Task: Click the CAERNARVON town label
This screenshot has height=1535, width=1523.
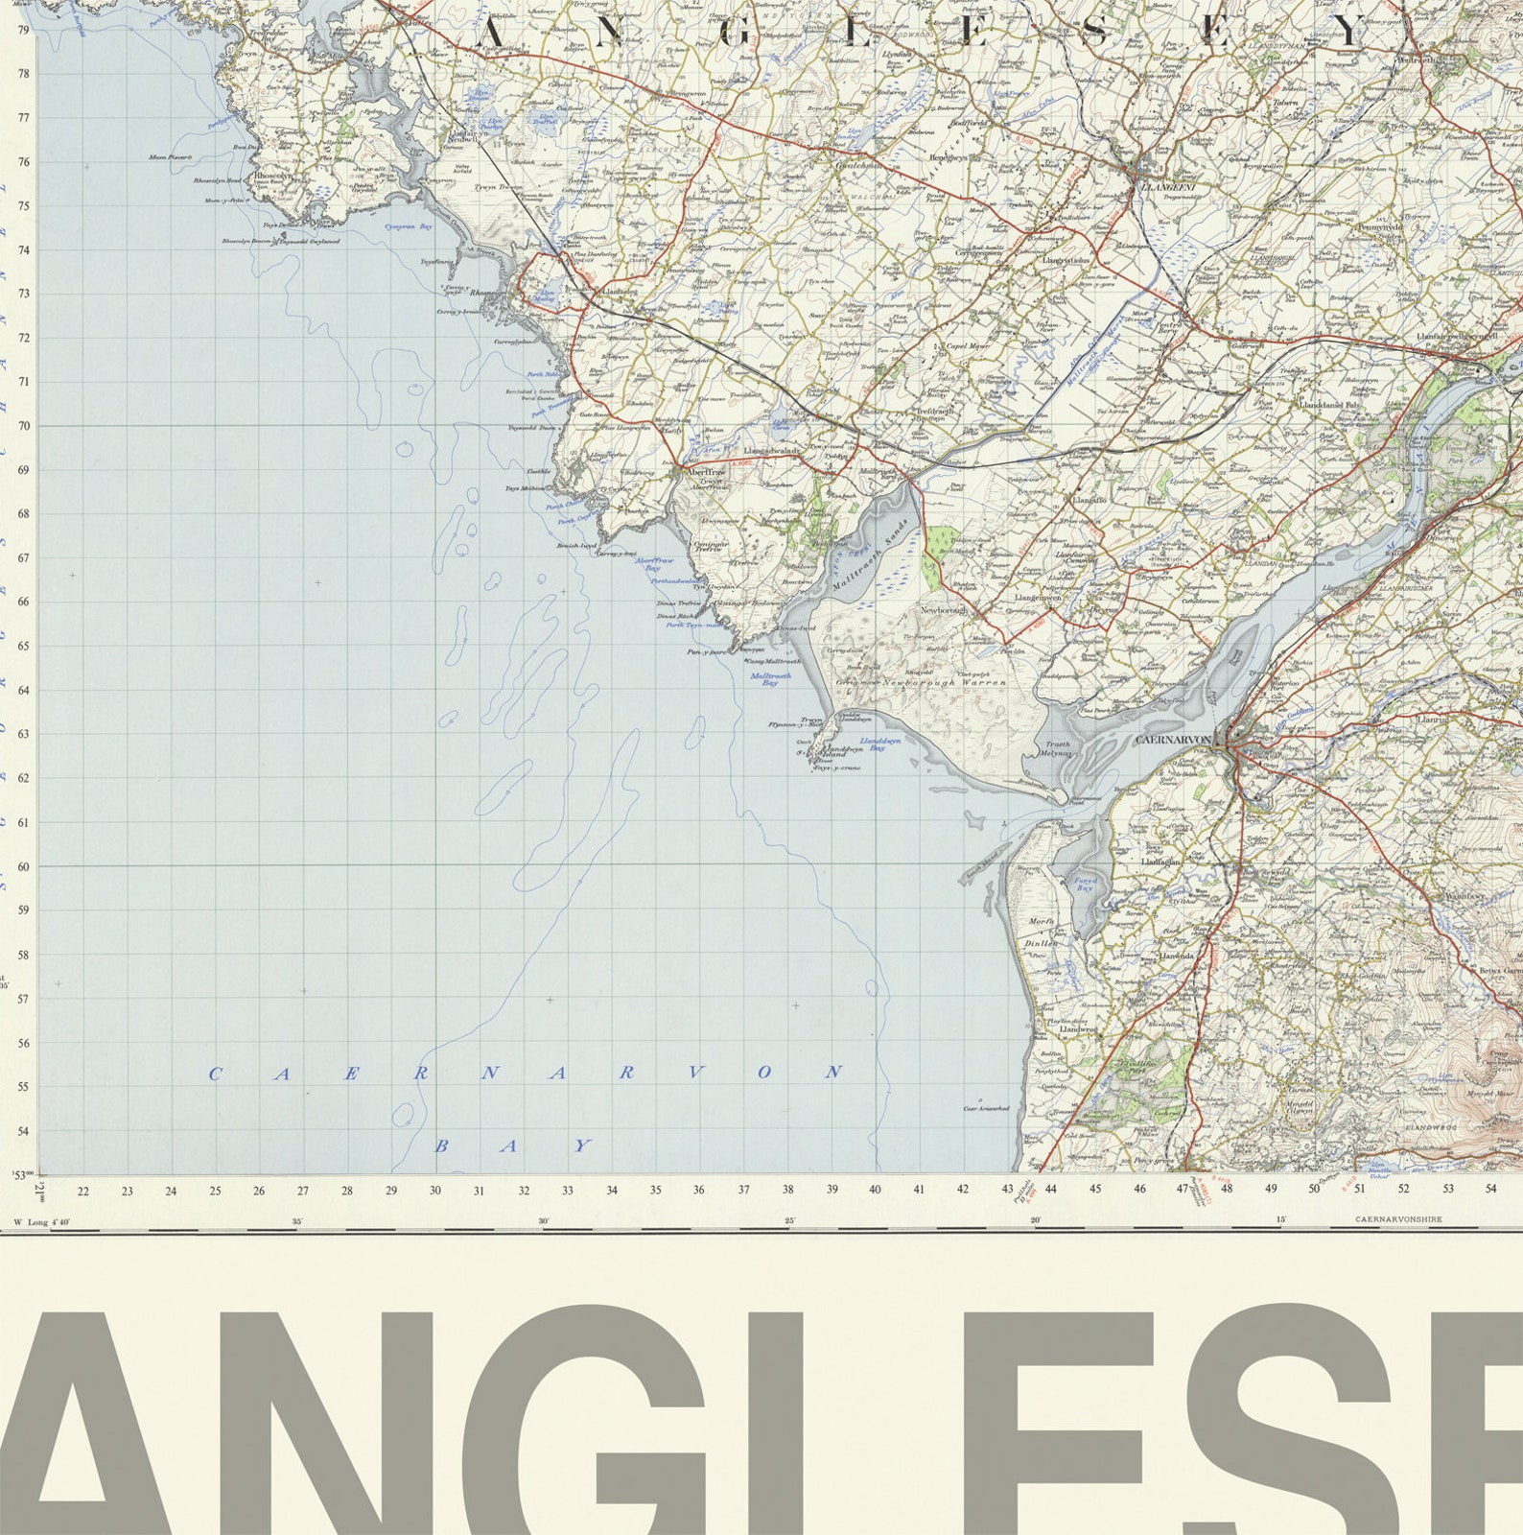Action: [x=1172, y=740]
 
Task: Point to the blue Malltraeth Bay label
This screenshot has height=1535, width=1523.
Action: [x=770, y=679]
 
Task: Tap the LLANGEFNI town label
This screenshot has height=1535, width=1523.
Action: [x=1165, y=188]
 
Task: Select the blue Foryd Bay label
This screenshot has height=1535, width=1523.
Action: [x=1084, y=883]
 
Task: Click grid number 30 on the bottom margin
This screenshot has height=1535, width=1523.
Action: [x=435, y=1191]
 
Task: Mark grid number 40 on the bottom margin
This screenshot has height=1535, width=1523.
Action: [x=875, y=1190]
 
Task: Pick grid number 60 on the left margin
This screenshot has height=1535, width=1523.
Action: [x=23, y=866]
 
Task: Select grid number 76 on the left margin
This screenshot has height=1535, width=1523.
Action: [x=23, y=162]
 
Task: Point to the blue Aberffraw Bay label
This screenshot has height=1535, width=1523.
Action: [x=655, y=565]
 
